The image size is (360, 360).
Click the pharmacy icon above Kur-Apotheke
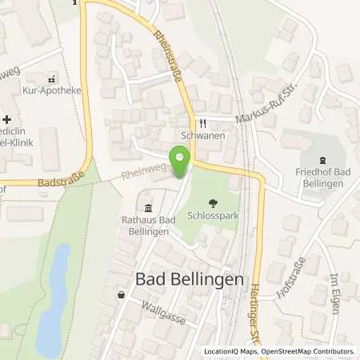(52, 79)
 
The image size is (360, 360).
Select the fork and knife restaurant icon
(202, 123)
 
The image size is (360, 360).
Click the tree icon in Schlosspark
(213, 203)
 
